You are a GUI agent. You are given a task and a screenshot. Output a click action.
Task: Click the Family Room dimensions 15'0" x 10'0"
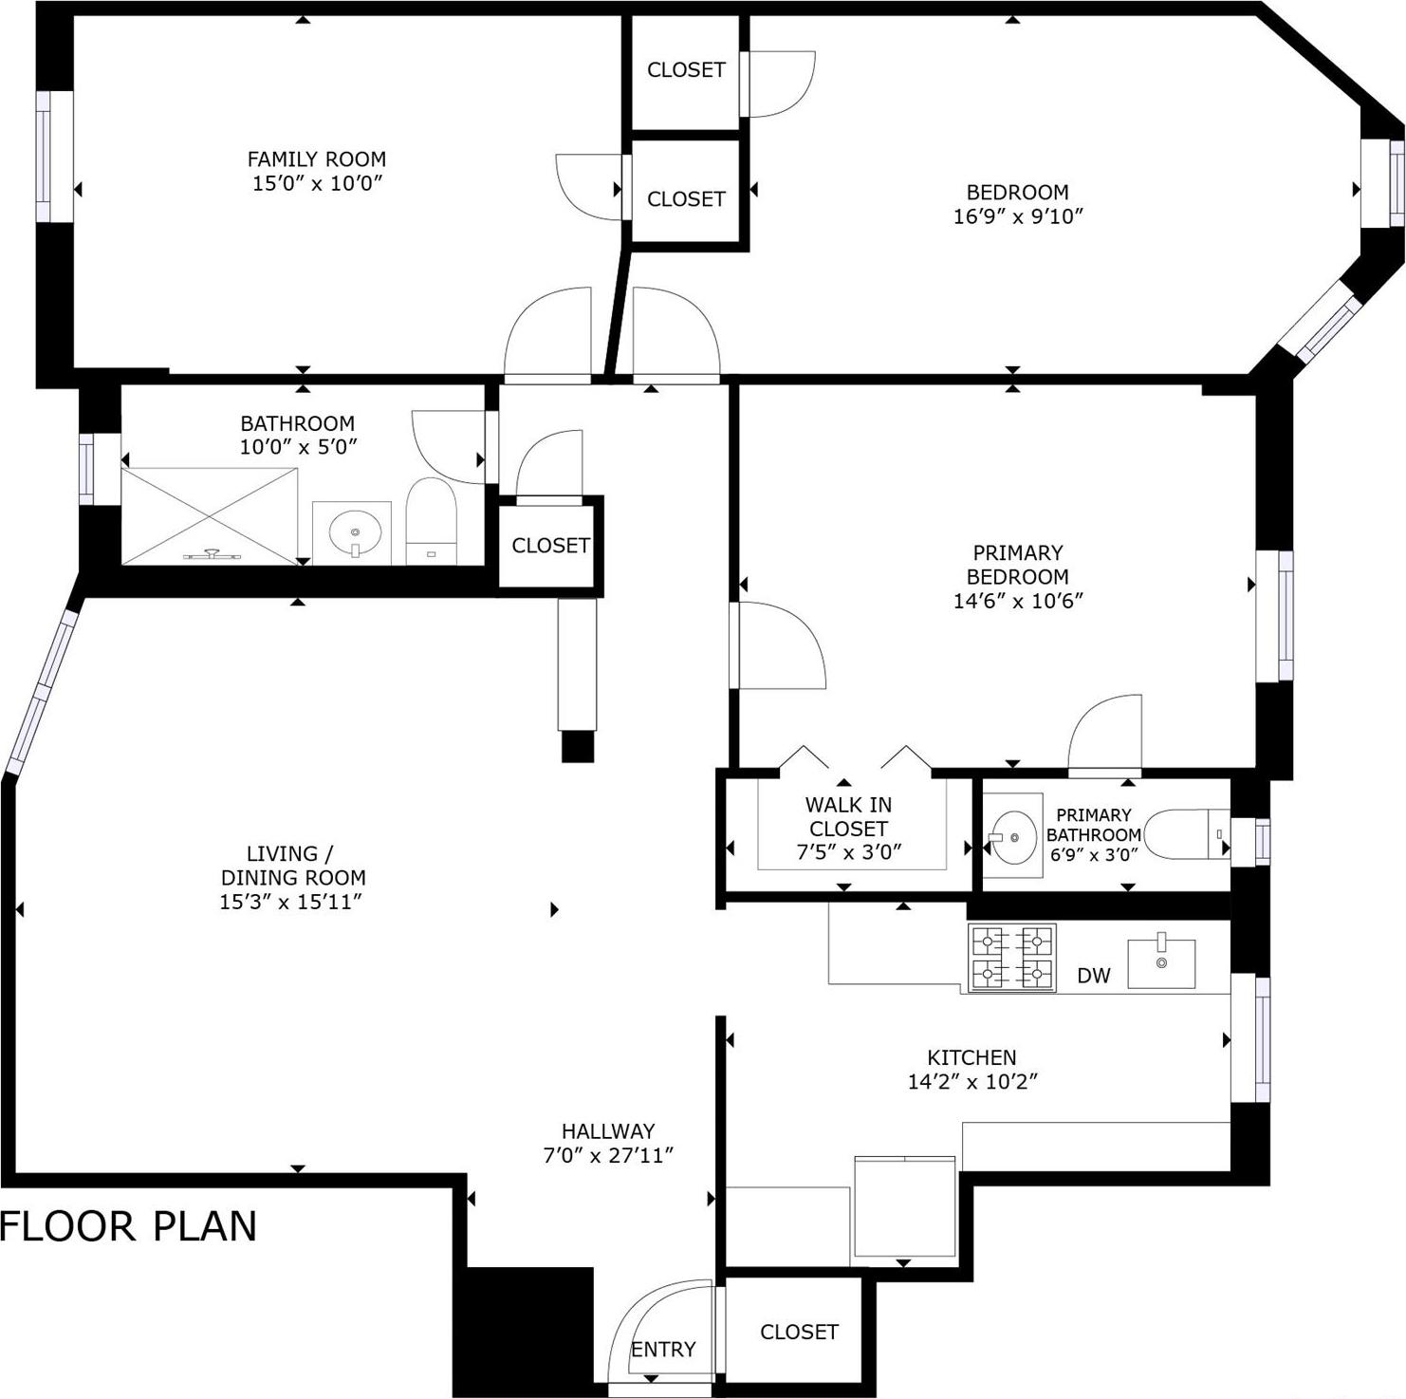point(317,183)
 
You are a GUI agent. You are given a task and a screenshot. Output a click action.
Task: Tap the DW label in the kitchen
point(1093,976)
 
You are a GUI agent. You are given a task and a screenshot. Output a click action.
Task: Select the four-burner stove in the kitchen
point(1011,958)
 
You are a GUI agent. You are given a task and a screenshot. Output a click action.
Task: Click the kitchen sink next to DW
point(1160,963)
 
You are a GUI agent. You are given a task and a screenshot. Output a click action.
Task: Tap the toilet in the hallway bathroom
point(431,522)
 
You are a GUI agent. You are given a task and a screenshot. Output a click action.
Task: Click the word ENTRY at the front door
point(663,1349)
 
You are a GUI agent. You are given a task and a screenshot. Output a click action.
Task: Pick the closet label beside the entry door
point(799,1332)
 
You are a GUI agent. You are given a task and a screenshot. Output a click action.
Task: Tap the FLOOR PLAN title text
point(129,1226)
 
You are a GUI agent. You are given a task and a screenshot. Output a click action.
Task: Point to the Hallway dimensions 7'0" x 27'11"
point(608,1155)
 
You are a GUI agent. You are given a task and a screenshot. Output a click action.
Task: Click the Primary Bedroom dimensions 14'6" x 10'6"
point(1018,601)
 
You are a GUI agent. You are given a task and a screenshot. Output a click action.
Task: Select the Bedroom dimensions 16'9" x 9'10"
point(1018,216)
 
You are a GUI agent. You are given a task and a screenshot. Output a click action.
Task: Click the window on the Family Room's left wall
point(43,157)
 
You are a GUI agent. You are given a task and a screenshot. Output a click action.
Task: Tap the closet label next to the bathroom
point(550,546)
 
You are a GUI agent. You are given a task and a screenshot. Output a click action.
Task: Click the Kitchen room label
point(971,1057)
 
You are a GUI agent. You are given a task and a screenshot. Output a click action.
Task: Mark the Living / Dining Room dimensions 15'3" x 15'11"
point(292,902)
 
